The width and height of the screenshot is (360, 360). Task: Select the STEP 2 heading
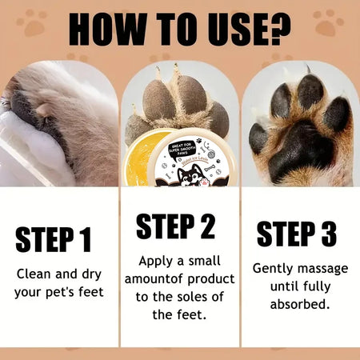[x=175, y=226]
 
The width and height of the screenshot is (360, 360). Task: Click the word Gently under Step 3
[x=274, y=268]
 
